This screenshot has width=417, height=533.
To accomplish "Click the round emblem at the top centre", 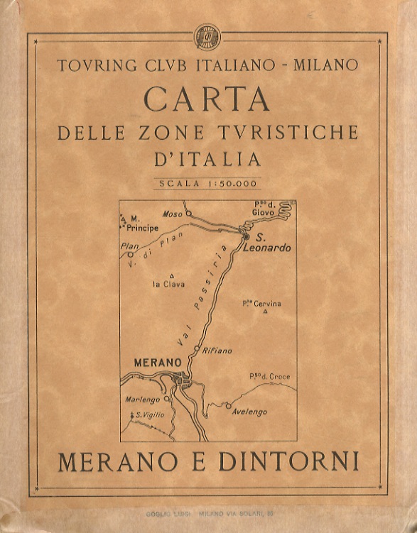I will (x=208, y=36).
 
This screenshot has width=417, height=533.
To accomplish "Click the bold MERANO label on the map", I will (x=158, y=363).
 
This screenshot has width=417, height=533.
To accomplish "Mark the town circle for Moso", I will (x=189, y=212).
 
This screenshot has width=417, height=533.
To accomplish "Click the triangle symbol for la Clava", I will (x=171, y=275).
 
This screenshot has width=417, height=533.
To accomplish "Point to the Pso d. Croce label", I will (x=269, y=376).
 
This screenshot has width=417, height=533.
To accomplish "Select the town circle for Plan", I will (x=130, y=255).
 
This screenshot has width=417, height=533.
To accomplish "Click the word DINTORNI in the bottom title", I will (x=288, y=461).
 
